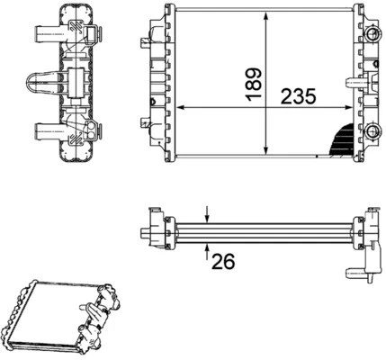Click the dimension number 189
point(256,84)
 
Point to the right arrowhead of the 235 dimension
point(354,108)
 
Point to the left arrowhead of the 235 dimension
point(176,108)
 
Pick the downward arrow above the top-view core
point(208,214)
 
